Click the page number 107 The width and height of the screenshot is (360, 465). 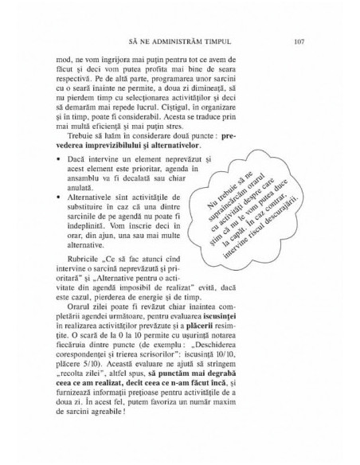[299, 40]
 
